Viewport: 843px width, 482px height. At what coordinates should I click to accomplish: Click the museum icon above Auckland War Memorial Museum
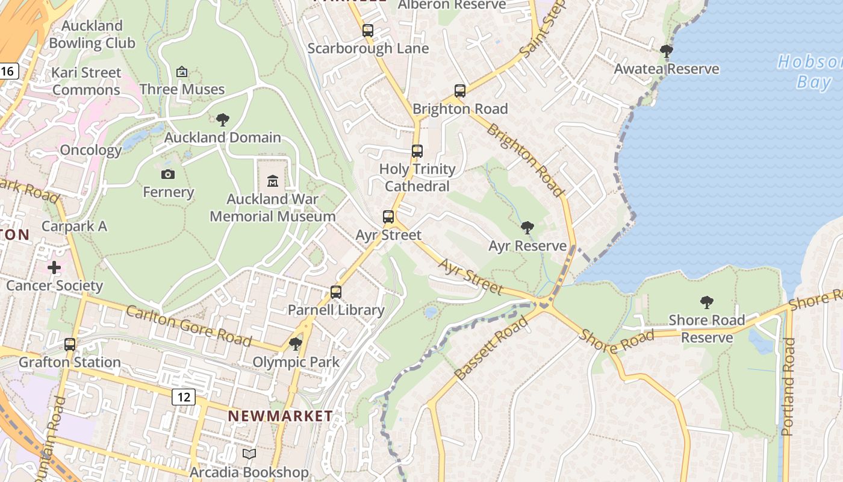coord(273,181)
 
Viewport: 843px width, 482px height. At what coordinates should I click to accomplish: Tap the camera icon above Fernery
coord(168,175)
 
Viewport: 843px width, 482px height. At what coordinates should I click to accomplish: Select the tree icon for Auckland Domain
coord(223,119)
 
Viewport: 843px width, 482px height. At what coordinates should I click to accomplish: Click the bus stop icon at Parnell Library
coord(336,292)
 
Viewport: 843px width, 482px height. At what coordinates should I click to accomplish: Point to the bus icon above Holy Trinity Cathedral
coord(417,151)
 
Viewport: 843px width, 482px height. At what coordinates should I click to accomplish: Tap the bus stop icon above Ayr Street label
coord(388,217)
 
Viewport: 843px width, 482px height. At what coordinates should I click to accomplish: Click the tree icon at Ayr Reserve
coord(527,228)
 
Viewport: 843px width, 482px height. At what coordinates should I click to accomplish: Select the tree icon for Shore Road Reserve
coord(707,302)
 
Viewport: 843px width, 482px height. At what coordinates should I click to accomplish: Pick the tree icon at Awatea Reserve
coord(666,51)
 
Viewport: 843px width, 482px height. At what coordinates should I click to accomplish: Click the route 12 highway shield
coord(184,396)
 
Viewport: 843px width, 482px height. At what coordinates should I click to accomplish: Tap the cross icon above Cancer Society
coord(54,268)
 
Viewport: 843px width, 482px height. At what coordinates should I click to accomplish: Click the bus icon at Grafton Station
coord(70,345)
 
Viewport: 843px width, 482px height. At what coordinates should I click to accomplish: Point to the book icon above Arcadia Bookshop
coord(249,454)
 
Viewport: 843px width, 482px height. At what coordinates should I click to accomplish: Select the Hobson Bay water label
coord(810,71)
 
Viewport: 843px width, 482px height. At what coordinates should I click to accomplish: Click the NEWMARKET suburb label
coord(280,416)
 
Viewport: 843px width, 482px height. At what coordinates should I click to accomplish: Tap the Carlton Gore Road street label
coord(188,325)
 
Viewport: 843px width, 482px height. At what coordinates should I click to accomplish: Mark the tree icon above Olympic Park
coord(296,344)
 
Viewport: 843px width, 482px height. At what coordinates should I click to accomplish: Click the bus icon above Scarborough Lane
coord(368,31)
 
